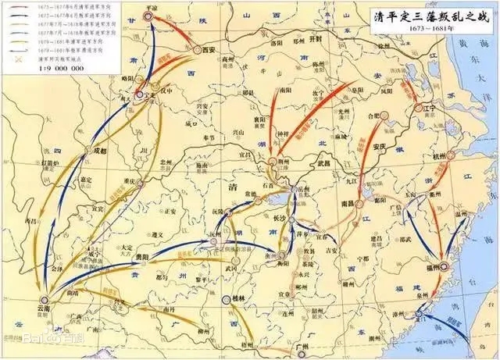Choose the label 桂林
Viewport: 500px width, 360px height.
point(238,299)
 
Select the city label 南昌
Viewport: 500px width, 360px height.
point(342,201)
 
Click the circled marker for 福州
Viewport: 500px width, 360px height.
point(446,266)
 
